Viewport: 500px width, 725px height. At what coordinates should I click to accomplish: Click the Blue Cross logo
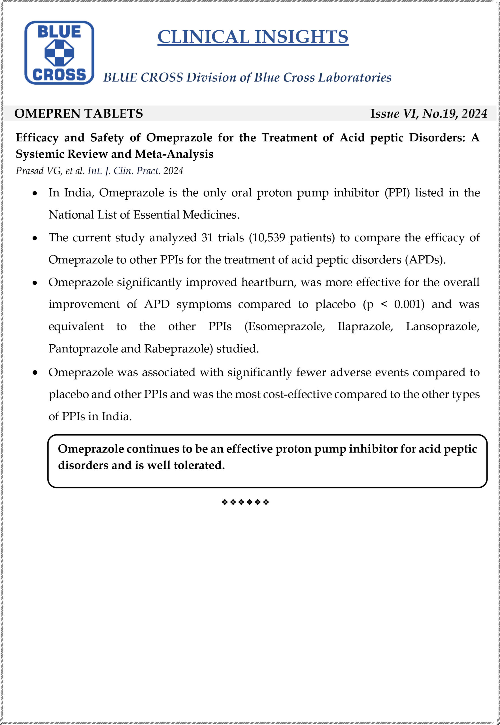point(59,53)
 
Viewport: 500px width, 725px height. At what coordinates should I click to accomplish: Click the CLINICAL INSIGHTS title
point(252,37)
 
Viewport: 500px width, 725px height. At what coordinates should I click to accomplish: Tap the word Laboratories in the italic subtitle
point(355,77)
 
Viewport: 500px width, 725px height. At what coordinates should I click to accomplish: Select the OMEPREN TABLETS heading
point(79,114)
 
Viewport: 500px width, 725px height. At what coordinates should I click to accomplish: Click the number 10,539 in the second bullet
point(268,237)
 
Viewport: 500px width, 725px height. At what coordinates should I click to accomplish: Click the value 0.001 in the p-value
point(407,304)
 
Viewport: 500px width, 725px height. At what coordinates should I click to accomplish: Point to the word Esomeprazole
point(284,326)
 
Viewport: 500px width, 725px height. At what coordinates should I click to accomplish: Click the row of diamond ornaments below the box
point(245,502)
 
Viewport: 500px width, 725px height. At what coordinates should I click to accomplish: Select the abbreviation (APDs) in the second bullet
point(425,260)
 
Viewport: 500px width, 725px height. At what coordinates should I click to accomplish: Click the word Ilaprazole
point(365,326)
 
